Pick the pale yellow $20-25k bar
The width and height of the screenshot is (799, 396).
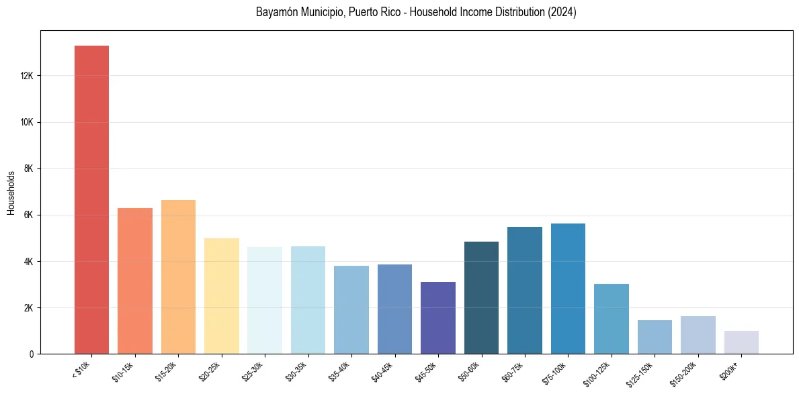point(221,296)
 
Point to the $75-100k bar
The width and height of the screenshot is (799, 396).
point(568,289)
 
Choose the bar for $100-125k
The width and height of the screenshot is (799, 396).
point(611,319)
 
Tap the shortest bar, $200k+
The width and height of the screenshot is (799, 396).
point(741,342)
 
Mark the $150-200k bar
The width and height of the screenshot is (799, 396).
point(698,335)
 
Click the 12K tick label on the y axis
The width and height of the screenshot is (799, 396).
point(27,76)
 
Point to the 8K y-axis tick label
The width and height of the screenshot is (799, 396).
point(29,168)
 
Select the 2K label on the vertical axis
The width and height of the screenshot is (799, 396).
point(29,308)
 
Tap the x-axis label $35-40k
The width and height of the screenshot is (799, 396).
point(341,371)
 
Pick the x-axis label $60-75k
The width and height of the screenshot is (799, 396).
point(514,371)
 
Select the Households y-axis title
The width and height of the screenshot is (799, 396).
point(11,193)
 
